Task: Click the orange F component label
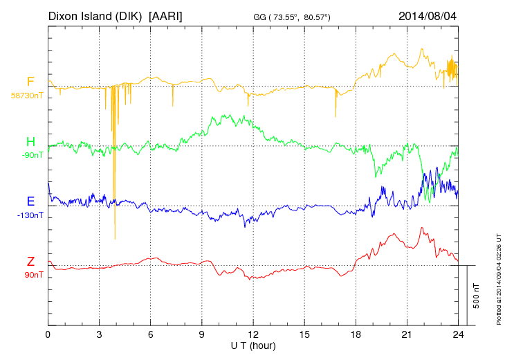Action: point(30,82)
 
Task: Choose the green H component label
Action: point(30,142)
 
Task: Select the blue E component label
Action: point(30,201)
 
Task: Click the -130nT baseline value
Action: point(30,215)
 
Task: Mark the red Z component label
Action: point(30,262)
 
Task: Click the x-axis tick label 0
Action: point(48,334)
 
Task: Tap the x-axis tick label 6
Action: point(150,334)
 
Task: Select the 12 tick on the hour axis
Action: point(253,334)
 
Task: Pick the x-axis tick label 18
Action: point(356,334)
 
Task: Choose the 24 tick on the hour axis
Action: point(458,334)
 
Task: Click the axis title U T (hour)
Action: point(253,345)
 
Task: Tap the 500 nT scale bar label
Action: point(477,295)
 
